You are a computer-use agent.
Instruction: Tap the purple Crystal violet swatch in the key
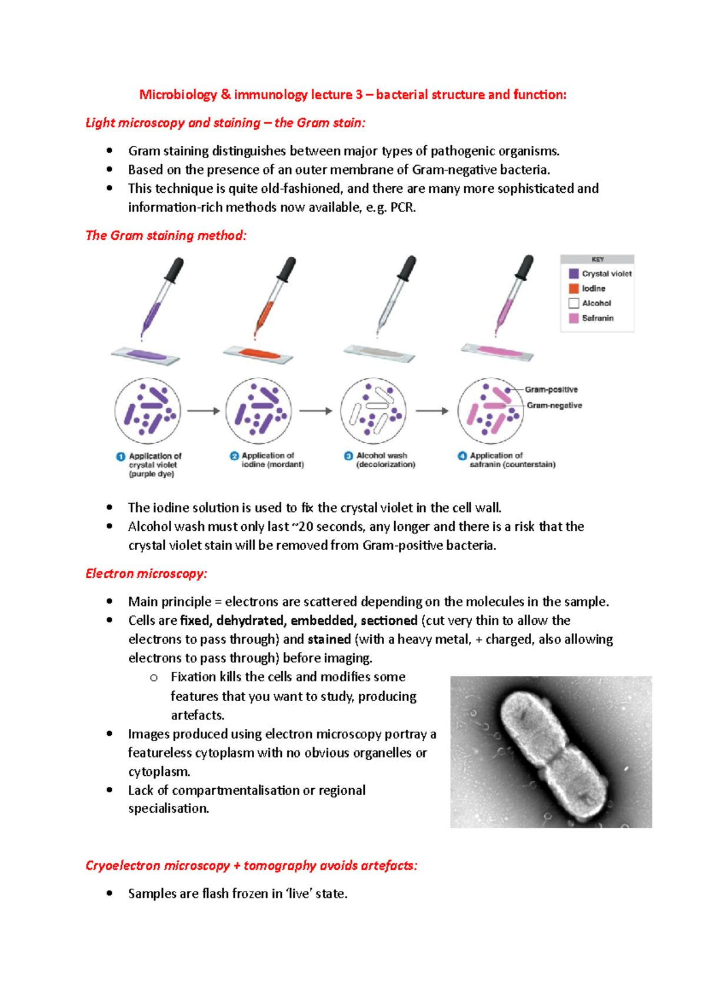tap(574, 274)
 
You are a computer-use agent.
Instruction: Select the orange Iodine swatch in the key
tap(574, 289)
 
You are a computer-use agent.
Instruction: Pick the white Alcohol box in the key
tap(574, 303)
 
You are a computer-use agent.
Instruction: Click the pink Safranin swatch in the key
tap(574, 318)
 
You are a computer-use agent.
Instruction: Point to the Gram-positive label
tap(551, 390)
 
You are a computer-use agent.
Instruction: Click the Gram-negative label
tap(554, 406)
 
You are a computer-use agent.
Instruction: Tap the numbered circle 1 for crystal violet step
tap(121, 457)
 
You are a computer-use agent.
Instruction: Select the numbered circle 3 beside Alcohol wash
tap(348, 456)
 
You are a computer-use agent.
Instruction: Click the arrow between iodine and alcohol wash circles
tap(316, 411)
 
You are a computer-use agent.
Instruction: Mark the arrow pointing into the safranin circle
tap(432, 411)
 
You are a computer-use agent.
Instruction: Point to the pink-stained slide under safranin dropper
tap(497, 351)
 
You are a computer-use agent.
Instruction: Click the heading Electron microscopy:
tap(146, 574)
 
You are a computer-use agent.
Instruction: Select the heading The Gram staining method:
tap(166, 236)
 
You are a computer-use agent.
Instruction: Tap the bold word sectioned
tap(389, 621)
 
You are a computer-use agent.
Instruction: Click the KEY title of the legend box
tap(597, 259)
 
